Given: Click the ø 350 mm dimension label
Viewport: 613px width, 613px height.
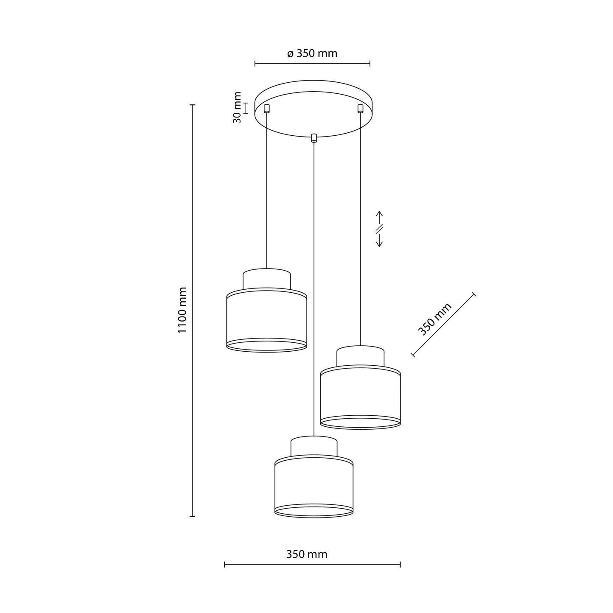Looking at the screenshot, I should [x=312, y=53].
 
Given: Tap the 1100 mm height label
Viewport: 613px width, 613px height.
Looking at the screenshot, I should [x=182, y=310].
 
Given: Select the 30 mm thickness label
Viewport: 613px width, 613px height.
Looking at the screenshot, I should [x=237, y=108].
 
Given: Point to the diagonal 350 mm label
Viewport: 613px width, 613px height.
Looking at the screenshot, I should [x=434, y=319].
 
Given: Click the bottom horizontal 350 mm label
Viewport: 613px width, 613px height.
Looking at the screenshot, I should [x=307, y=554].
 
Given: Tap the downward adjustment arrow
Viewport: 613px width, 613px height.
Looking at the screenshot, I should [x=380, y=241].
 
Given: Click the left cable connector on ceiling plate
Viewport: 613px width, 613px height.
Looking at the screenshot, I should [x=266, y=108].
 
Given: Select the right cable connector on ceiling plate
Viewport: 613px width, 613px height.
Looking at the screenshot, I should [x=360, y=108].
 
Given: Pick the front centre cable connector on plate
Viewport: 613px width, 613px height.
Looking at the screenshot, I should [x=313, y=138].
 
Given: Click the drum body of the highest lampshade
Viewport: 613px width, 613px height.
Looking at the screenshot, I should [x=266, y=320].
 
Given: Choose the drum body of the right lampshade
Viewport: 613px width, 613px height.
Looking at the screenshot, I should [x=360, y=397].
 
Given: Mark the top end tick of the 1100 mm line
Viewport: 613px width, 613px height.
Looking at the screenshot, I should [x=193, y=105].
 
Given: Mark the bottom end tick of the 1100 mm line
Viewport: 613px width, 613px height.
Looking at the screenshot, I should [x=193, y=516].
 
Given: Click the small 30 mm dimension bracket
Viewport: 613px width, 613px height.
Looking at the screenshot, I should [x=246, y=108].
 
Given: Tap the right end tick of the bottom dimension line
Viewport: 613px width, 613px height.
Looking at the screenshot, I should [x=400, y=565].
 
